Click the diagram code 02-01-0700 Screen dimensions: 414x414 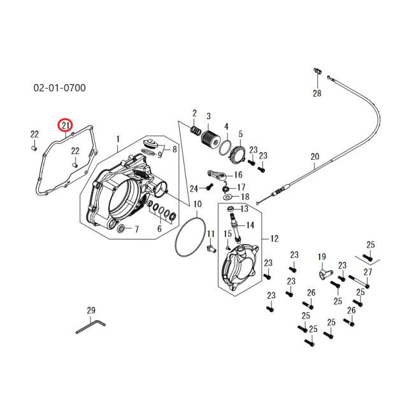tap(59, 87)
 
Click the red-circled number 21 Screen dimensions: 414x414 tap(66, 125)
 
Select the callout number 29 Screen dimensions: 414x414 tap(90, 311)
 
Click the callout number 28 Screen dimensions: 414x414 tap(317, 93)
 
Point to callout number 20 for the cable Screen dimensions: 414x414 tap(314, 157)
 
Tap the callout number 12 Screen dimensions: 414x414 tap(275, 239)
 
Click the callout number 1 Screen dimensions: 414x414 tap(117, 139)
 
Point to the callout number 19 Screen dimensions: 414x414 tap(322, 257)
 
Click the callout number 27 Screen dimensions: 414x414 tap(368, 272)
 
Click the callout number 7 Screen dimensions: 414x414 tap(136, 229)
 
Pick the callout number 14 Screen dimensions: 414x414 tap(250, 225)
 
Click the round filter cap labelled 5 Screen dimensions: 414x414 tap(239, 153)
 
